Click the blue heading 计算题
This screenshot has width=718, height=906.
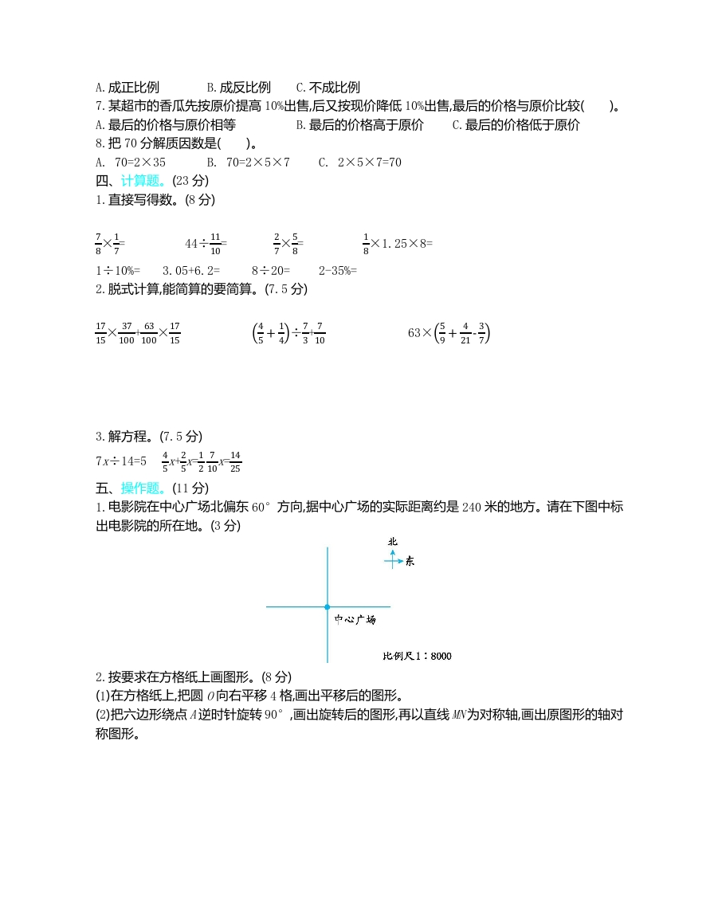[x=143, y=181]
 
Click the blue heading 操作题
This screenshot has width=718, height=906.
[x=143, y=488]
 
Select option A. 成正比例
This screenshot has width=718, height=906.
[x=127, y=88]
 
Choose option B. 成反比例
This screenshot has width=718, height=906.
[x=238, y=88]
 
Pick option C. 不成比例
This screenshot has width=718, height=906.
[x=328, y=88]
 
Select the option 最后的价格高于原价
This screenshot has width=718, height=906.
[x=359, y=125]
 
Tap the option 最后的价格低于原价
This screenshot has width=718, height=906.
[x=516, y=125]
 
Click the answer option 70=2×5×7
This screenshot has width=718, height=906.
[x=248, y=163]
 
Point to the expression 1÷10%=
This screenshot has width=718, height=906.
[x=117, y=270]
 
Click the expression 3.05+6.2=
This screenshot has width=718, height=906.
[x=191, y=270]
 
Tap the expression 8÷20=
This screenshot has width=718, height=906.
[x=271, y=270]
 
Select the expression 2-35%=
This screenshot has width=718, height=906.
[x=338, y=270]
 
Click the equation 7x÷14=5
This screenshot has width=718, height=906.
[x=121, y=461]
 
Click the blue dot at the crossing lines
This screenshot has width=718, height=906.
[x=327, y=607]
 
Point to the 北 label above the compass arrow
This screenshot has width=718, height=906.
[x=392, y=542]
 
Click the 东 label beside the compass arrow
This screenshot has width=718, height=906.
[x=410, y=562]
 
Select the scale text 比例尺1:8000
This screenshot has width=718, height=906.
[x=417, y=657]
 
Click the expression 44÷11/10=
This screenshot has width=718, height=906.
[x=206, y=242]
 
